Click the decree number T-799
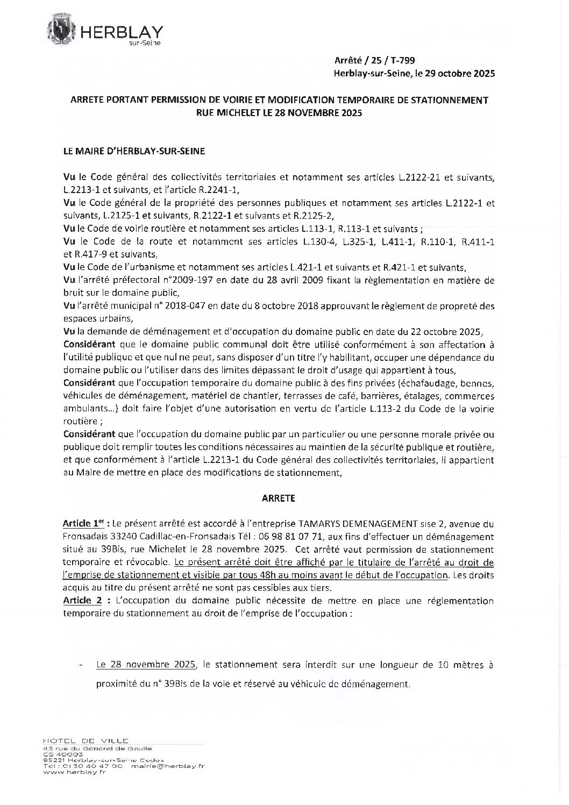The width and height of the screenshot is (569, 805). click(401, 61)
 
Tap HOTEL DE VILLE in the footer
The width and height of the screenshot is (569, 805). click(87, 740)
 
